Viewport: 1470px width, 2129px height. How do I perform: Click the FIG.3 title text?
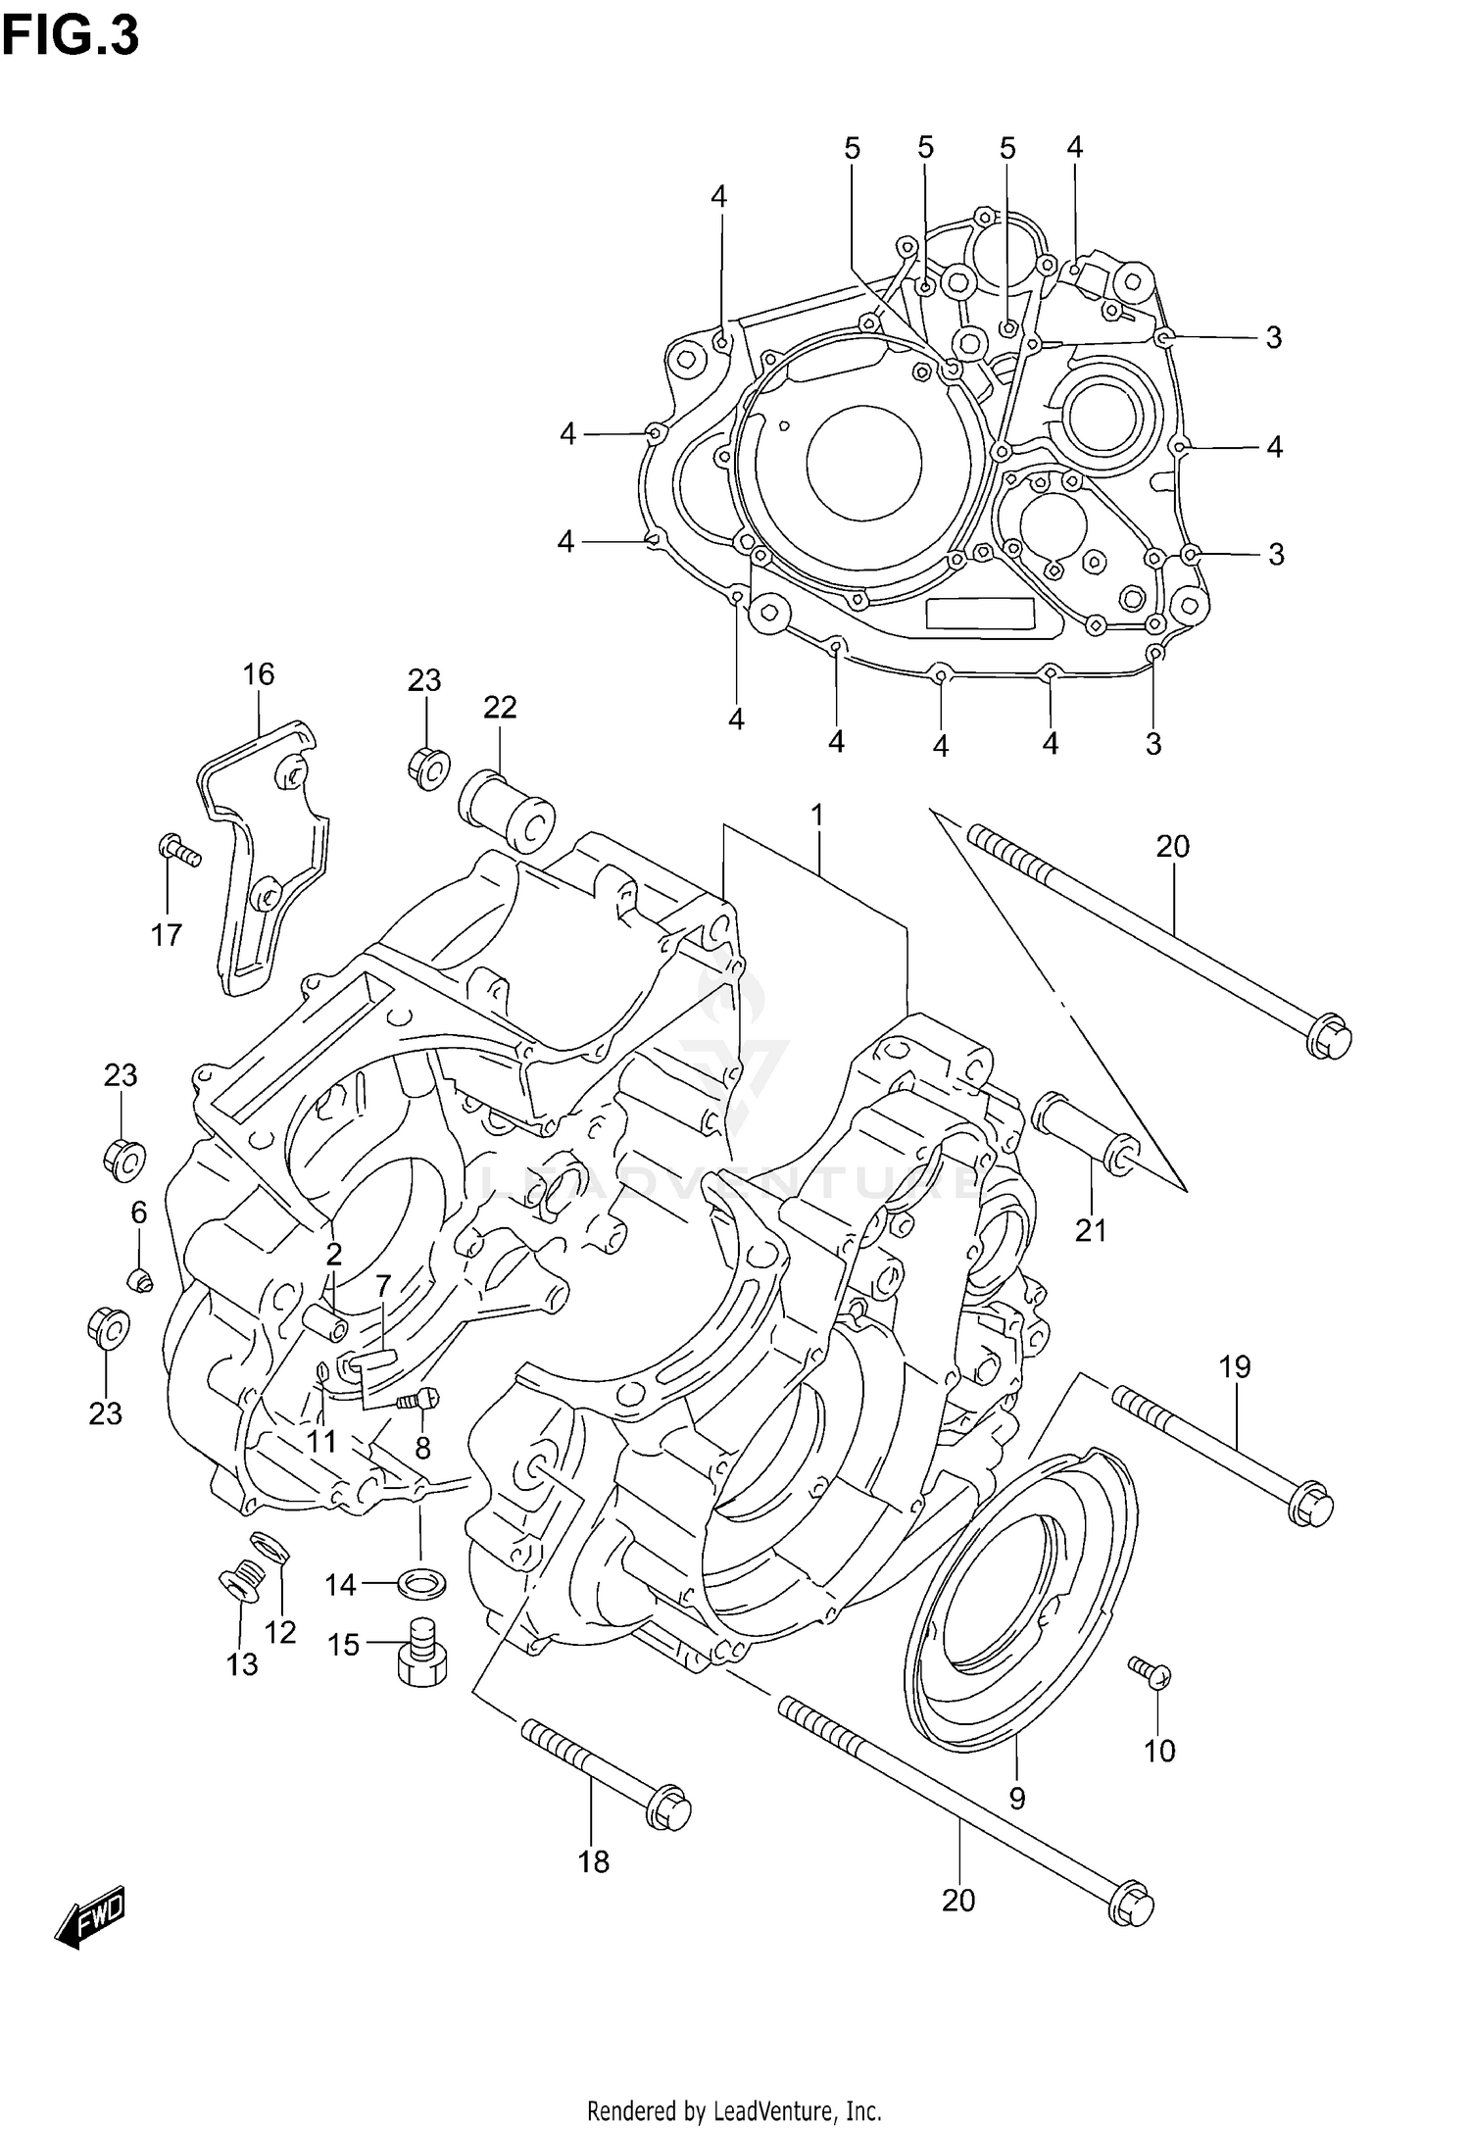pyautogui.click(x=71, y=36)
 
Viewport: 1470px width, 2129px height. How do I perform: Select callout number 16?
pyautogui.click(x=259, y=673)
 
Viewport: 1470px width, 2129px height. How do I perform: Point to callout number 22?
pyautogui.click(x=500, y=707)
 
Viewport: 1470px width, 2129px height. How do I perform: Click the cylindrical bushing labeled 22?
pyautogui.click(x=508, y=813)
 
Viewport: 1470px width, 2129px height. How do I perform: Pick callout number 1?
pyautogui.click(x=816, y=816)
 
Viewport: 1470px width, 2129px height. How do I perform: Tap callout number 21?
pyautogui.click(x=1090, y=1230)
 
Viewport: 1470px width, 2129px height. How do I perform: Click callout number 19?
pyautogui.click(x=1235, y=1365)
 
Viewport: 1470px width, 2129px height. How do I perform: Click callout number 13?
pyautogui.click(x=242, y=1664)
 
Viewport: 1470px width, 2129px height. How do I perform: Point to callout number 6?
pyautogui.click(x=139, y=1213)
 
